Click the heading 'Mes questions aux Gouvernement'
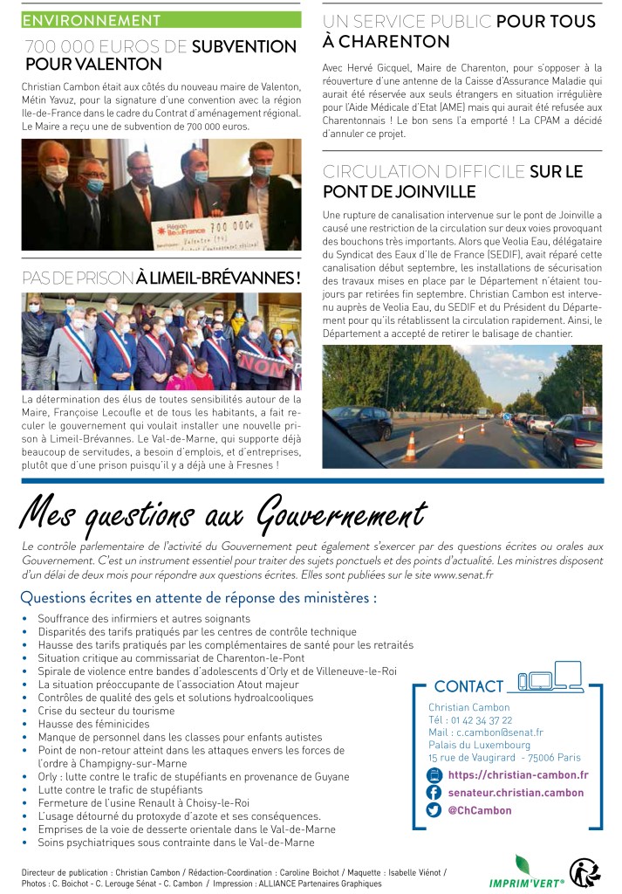[x=223, y=513]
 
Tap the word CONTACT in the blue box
[x=468, y=686]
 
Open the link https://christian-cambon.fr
[x=518, y=774]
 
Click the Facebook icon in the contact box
[x=434, y=792]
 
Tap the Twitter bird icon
[x=434, y=810]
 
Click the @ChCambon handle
[x=479, y=810]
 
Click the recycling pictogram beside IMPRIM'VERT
[x=584, y=871]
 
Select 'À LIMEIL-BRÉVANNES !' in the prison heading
[x=218, y=278]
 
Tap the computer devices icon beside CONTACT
[x=550, y=677]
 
